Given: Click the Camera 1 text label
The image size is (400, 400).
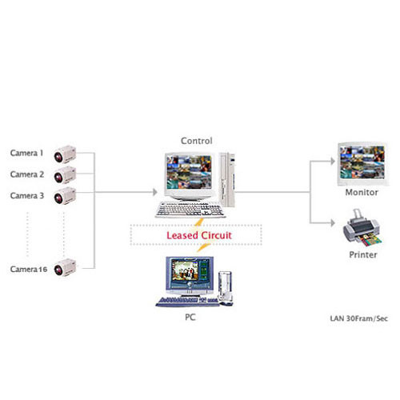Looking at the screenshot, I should pyautogui.click(x=26, y=152).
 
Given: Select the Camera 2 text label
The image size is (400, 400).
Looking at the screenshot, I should pyautogui.click(x=26, y=174).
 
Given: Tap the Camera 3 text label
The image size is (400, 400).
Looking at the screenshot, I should pyautogui.click(x=26, y=195).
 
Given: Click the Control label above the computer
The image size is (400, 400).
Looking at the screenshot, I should pyautogui.click(x=196, y=140).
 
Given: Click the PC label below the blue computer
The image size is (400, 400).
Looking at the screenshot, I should pyautogui.click(x=190, y=318).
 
